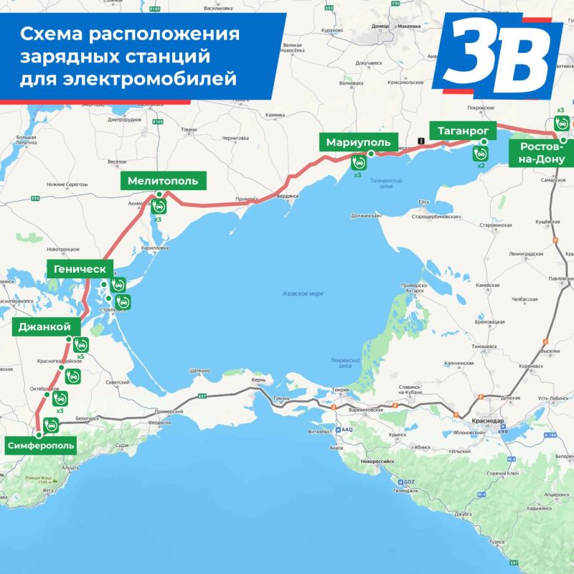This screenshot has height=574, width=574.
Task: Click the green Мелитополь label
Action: click(x=163, y=181)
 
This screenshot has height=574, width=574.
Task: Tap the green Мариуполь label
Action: click(x=358, y=142)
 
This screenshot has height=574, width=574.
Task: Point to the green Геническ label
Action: click(x=79, y=269)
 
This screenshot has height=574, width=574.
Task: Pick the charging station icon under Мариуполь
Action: click(x=357, y=164)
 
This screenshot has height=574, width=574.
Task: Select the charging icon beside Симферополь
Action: click(x=50, y=424)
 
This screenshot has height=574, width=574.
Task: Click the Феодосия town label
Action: click(x=160, y=423)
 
